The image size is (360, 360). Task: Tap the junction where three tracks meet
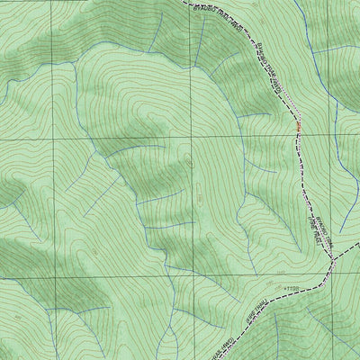coord(331,261)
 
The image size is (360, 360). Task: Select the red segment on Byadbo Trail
coord(298,127)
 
